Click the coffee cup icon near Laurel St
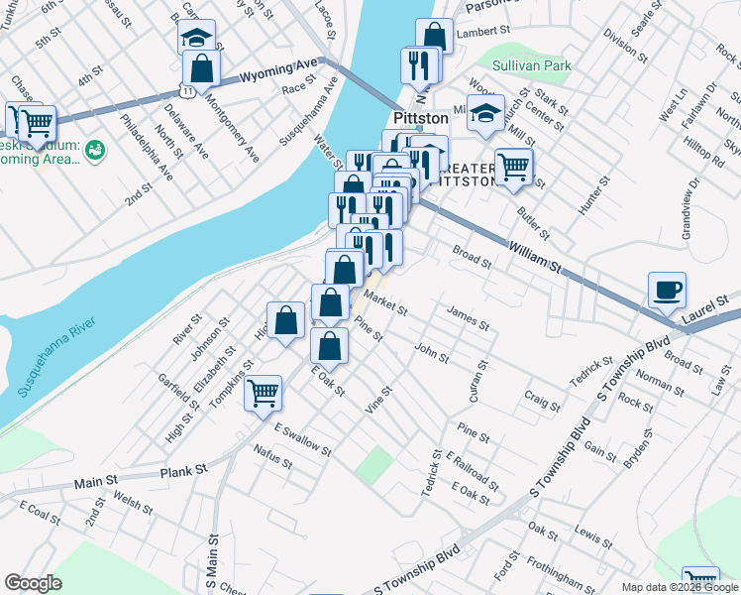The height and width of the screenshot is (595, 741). click(x=667, y=291)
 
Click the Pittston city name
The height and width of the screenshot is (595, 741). click(x=421, y=118)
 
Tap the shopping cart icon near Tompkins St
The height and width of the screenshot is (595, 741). click(x=264, y=393)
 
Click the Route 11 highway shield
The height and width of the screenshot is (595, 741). click(x=187, y=91)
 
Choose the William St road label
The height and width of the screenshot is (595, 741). click(x=534, y=258)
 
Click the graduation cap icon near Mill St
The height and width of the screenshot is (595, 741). click(x=486, y=114)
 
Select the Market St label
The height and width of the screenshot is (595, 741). click(x=385, y=301)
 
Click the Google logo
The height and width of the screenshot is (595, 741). click(x=33, y=583)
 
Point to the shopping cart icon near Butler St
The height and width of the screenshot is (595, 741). click(x=513, y=166)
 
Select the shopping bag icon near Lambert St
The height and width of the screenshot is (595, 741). click(x=433, y=35)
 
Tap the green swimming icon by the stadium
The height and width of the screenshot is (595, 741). click(x=95, y=151)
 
